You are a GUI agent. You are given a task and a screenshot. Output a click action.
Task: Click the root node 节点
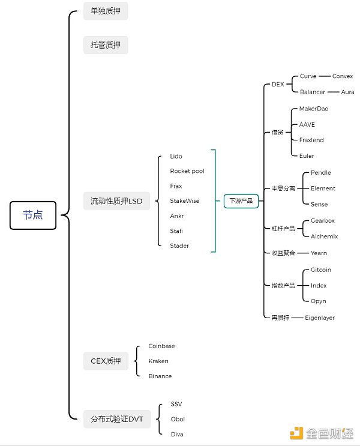33,215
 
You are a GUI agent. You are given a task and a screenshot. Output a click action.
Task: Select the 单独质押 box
106,11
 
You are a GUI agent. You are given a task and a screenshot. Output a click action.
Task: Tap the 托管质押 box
106,45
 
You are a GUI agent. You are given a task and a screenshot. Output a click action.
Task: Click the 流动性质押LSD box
116,201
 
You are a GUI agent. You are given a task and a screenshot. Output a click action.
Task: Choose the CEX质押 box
106,361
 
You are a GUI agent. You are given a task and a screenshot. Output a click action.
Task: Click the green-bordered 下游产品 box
241,201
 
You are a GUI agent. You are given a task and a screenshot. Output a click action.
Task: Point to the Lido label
176,157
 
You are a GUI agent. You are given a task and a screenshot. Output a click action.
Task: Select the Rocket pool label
187,171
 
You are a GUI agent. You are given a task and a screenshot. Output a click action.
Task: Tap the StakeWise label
184,201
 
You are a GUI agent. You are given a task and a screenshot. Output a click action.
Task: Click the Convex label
343,77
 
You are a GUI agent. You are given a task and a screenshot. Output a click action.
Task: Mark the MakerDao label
313,109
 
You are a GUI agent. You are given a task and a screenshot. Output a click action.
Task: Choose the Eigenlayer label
319,318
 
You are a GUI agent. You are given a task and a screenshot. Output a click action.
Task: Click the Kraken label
158,361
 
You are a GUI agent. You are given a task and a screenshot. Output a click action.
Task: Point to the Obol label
178,419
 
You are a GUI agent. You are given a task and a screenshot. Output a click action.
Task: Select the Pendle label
320,173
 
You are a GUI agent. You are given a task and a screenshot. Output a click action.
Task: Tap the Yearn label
319,253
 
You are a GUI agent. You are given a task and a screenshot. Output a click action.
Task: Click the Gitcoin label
320,270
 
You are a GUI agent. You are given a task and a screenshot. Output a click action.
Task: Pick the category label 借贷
277,132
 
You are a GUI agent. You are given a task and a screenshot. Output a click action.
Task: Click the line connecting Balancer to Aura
333,92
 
